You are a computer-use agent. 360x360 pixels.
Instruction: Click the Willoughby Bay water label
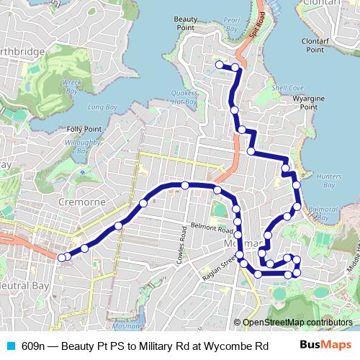pyautogui.click(x=77, y=148)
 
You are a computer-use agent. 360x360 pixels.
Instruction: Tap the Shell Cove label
pyautogui.click(x=283, y=88)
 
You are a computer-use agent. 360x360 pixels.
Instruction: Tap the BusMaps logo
pyautogui.click(x=326, y=346)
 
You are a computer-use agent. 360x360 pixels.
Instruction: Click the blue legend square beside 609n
pyautogui.click(x=9, y=346)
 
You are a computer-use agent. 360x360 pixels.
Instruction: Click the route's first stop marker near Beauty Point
pyautogui.click(x=219, y=65)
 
